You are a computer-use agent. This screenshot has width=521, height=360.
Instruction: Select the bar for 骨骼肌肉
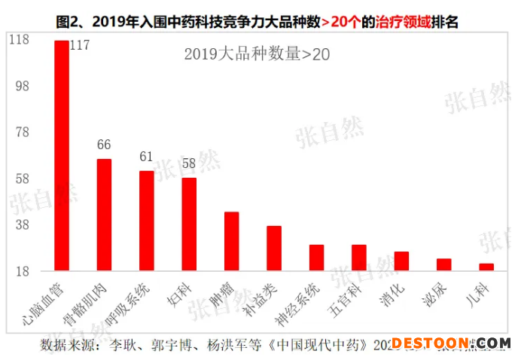104,215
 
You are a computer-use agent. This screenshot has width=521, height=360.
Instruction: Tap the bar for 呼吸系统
147,221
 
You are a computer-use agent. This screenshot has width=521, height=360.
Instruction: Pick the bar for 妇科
189,224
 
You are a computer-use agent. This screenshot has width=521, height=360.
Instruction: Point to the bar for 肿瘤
232,241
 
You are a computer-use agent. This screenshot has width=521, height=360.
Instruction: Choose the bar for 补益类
274,248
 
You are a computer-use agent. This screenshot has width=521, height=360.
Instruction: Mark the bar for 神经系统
317,258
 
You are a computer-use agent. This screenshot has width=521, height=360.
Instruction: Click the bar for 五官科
359,258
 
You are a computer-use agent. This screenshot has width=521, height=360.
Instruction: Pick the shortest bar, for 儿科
486,267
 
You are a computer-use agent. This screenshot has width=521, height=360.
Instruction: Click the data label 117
79,45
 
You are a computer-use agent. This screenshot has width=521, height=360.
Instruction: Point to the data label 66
104,145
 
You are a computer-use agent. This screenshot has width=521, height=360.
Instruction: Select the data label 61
146,157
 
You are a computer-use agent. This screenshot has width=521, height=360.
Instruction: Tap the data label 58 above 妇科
189,163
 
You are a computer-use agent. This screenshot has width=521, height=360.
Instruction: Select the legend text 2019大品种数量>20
257,53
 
